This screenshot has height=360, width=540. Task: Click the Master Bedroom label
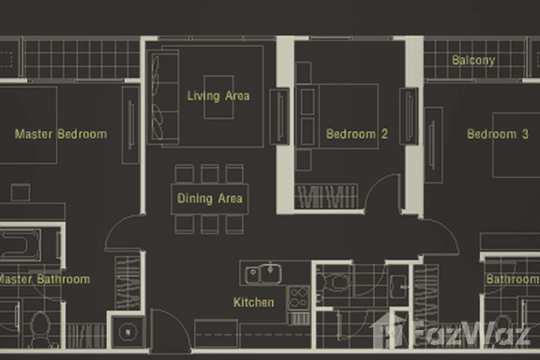pos(61,134)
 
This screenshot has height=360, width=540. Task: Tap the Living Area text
pos(218,96)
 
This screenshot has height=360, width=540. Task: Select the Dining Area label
pos(210,199)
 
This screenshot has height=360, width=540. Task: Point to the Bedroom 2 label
pos(357,134)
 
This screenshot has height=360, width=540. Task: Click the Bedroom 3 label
pos(498,134)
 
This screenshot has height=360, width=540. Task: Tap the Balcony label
pos(473,61)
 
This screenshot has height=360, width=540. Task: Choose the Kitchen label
pos(254,303)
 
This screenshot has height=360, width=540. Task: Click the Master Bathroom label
pos(44,279)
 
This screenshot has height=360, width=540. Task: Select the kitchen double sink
pos(263,275)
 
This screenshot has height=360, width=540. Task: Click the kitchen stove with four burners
pos(299,298)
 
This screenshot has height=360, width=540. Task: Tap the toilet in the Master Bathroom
pos(38,327)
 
